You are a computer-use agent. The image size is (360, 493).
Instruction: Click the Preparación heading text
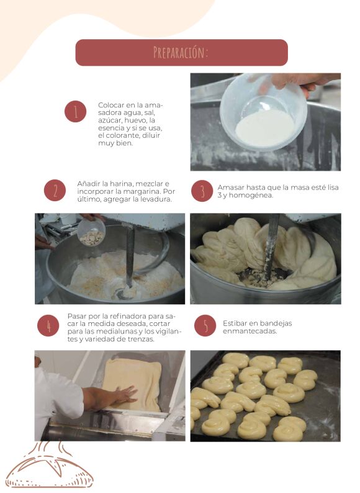pyautogui.click(x=181, y=53)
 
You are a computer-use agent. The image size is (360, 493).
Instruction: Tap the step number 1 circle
pyautogui.click(x=76, y=112)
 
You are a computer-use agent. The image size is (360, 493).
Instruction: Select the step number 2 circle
pyautogui.click(x=55, y=191)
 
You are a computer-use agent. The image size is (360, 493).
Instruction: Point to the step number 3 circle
pyautogui.click(x=202, y=191)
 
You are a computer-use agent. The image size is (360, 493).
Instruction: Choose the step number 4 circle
pyautogui.click(x=48, y=326)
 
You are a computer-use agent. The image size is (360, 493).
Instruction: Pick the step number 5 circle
pyautogui.click(x=205, y=326)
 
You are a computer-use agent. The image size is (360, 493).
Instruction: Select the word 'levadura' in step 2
pyautogui.click(x=156, y=199)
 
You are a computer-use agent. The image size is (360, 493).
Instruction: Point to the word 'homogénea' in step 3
pyautogui.click(x=254, y=195)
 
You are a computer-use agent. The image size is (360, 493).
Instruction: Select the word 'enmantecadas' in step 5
pyautogui.click(x=250, y=331)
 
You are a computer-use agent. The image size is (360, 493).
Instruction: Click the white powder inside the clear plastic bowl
pyautogui.click(x=265, y=128)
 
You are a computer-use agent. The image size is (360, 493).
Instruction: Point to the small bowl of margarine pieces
pyautogui.click(x=91, y=232)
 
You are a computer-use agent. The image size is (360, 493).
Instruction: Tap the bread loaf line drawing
pyautogui.click(x=49, y=467)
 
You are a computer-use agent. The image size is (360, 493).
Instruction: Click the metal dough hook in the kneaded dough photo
pyautogui.click(x=272, y=248)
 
